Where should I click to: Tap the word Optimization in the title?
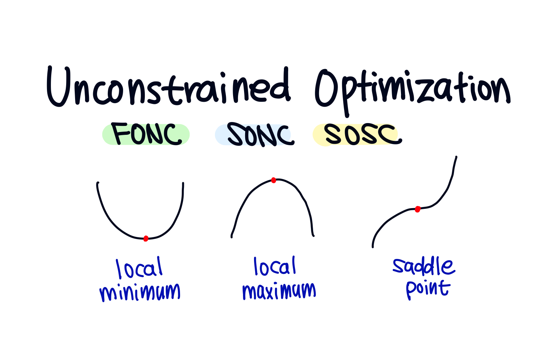(413, 89)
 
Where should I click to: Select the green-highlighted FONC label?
(146, 134)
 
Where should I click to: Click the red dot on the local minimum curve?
(146, 238)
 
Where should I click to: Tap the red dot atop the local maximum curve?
(274, 180)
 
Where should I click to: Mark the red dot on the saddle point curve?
(418, 209)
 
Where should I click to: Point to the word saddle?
(423, 266)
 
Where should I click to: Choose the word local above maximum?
(275, 267)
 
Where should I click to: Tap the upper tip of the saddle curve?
(456, 157)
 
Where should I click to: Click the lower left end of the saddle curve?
(373, 247)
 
